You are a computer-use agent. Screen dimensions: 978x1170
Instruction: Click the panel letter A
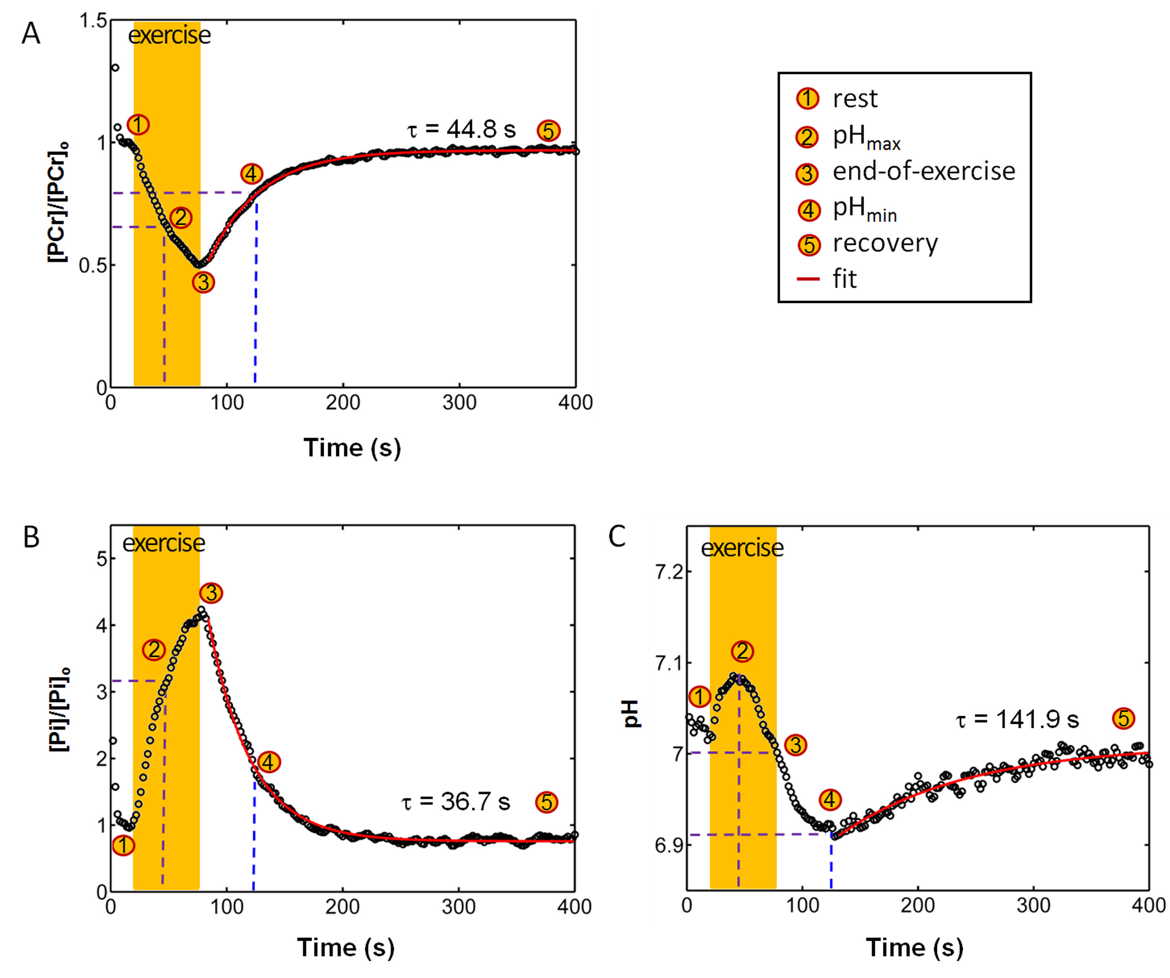31,33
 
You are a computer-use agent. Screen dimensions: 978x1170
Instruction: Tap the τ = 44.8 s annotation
461,129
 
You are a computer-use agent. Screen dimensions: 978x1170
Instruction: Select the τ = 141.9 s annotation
1017,720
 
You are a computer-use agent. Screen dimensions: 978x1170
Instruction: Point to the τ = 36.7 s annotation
455,802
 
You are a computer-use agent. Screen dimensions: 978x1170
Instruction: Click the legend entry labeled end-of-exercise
923,171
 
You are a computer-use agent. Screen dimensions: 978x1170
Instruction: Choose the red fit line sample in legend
808,279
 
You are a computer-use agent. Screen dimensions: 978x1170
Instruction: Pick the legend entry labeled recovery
885,244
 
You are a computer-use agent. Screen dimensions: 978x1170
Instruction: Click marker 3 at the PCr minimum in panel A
203,282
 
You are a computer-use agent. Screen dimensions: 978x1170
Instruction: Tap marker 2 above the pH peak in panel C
742,651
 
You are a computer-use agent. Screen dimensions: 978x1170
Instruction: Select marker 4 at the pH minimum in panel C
830,800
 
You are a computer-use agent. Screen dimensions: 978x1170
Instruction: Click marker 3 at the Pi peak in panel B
211,593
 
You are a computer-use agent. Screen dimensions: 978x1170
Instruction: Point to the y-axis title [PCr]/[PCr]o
58,202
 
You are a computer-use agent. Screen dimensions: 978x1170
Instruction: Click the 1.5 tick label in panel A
93,21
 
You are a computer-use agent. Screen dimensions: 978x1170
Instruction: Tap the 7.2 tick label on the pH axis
669,572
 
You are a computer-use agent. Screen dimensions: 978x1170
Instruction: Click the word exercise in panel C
742,548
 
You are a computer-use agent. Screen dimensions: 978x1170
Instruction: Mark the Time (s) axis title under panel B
345,947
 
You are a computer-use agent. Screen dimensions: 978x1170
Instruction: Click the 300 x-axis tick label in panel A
459,402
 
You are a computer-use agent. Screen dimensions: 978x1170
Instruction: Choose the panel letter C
617,537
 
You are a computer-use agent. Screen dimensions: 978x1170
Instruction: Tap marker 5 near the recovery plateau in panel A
548,131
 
